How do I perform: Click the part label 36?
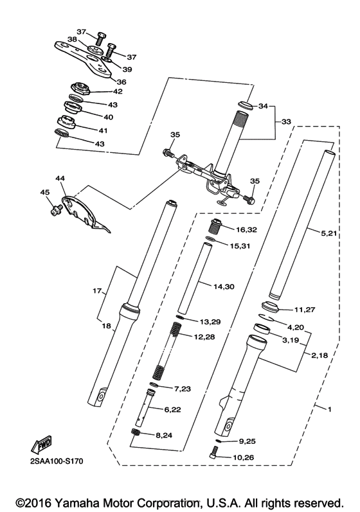click(x=121, y=81)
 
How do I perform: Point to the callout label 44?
click(x=60, y=178)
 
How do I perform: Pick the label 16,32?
click(x=248, y=229)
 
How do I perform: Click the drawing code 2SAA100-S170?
click(x=55, y=461)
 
